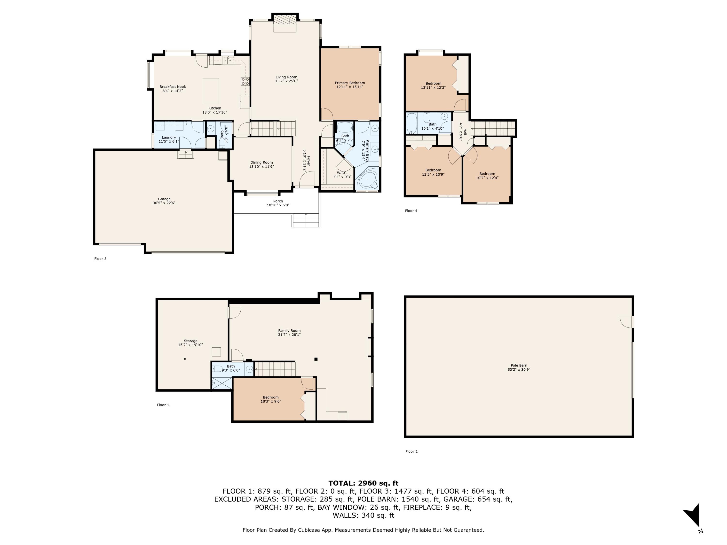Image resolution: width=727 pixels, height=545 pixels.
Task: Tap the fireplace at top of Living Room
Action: click(285, 21)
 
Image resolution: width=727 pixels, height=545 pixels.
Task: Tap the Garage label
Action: click(164, 199)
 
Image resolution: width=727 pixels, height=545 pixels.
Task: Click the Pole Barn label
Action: click(519, 365)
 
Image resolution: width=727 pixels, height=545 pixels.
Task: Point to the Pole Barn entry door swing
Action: click(626, 321)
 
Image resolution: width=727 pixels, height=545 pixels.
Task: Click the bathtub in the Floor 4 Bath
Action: click(411, 124)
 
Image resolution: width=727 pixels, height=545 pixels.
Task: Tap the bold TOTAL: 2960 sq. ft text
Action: click(363, 483)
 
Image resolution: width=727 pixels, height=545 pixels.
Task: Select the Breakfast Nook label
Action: click(173, 87)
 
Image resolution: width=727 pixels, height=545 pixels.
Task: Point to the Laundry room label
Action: click(169, 137)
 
